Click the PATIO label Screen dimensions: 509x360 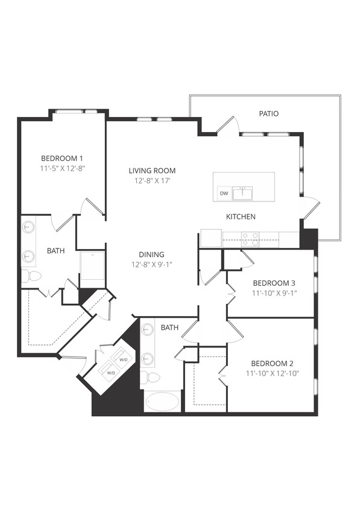click(x=269, y=113)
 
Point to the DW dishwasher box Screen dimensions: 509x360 click(x=224, y=194)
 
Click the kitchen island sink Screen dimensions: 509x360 click(x=244, y=193)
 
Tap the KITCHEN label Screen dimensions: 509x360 click(x=241, y=217)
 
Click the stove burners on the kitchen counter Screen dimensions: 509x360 click(x=250, y=239)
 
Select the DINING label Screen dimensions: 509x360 click(x=150, y=255)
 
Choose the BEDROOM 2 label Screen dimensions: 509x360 click(x=273, y=363)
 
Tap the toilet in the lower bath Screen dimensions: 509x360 click(x=152, y=378)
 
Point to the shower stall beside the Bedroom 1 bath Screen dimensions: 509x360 click(x=92, y=269)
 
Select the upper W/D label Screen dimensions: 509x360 click(x=124, y=359)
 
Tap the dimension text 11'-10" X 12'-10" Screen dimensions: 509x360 click(x=273, y=373)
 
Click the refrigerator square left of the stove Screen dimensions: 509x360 click(x=210, y=238)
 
